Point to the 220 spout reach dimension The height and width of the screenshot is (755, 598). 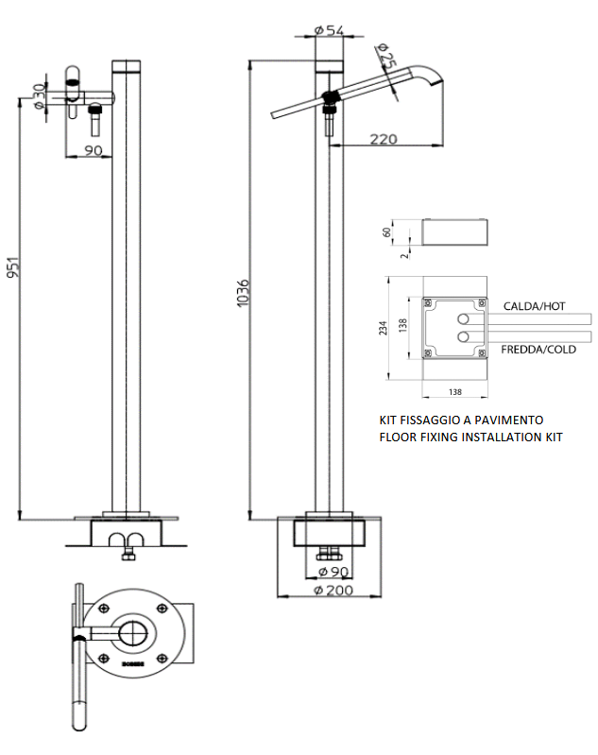(383, 139)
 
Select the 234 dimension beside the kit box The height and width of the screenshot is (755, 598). (383, 327)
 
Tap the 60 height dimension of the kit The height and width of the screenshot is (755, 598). (386, 231)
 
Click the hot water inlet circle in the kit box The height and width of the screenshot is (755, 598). (463, 318)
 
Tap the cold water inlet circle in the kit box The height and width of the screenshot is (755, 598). (463, 336)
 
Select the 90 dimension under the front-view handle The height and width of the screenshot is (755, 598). (93, 150)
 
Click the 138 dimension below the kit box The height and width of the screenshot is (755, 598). (454, 389)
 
